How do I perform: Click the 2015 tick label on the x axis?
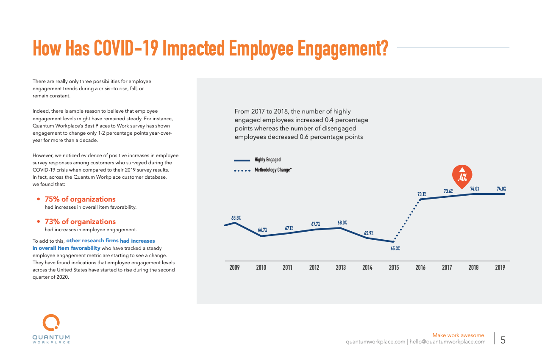[394, 268]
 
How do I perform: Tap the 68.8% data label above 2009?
[236, 218]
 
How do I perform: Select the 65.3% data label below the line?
[395, 249]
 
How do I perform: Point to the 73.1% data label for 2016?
[421, 194]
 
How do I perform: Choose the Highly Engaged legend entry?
[267, 160]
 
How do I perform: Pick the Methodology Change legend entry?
[273, 170]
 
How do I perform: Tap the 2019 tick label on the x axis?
[500, 268]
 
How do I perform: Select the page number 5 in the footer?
[503, 340]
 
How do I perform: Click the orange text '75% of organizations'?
[80, 199]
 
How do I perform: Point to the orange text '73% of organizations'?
[80, 222]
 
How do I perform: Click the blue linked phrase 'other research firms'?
[92, 241]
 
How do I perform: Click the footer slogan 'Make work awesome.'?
[459, 335]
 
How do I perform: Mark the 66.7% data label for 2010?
[262, 230]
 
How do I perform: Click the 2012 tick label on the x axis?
[314, 268]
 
